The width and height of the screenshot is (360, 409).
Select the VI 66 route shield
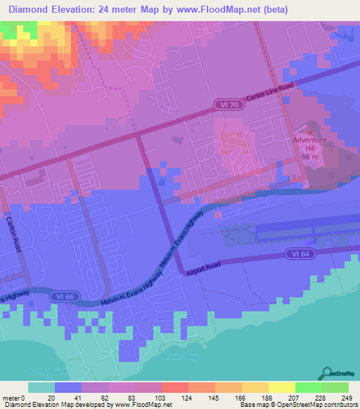tap(63, 297)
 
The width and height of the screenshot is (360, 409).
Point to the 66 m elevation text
tap(311, 157)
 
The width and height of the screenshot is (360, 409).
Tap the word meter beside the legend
tap(8, 398)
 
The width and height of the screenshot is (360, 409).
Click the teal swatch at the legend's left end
tap(41, 387)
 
